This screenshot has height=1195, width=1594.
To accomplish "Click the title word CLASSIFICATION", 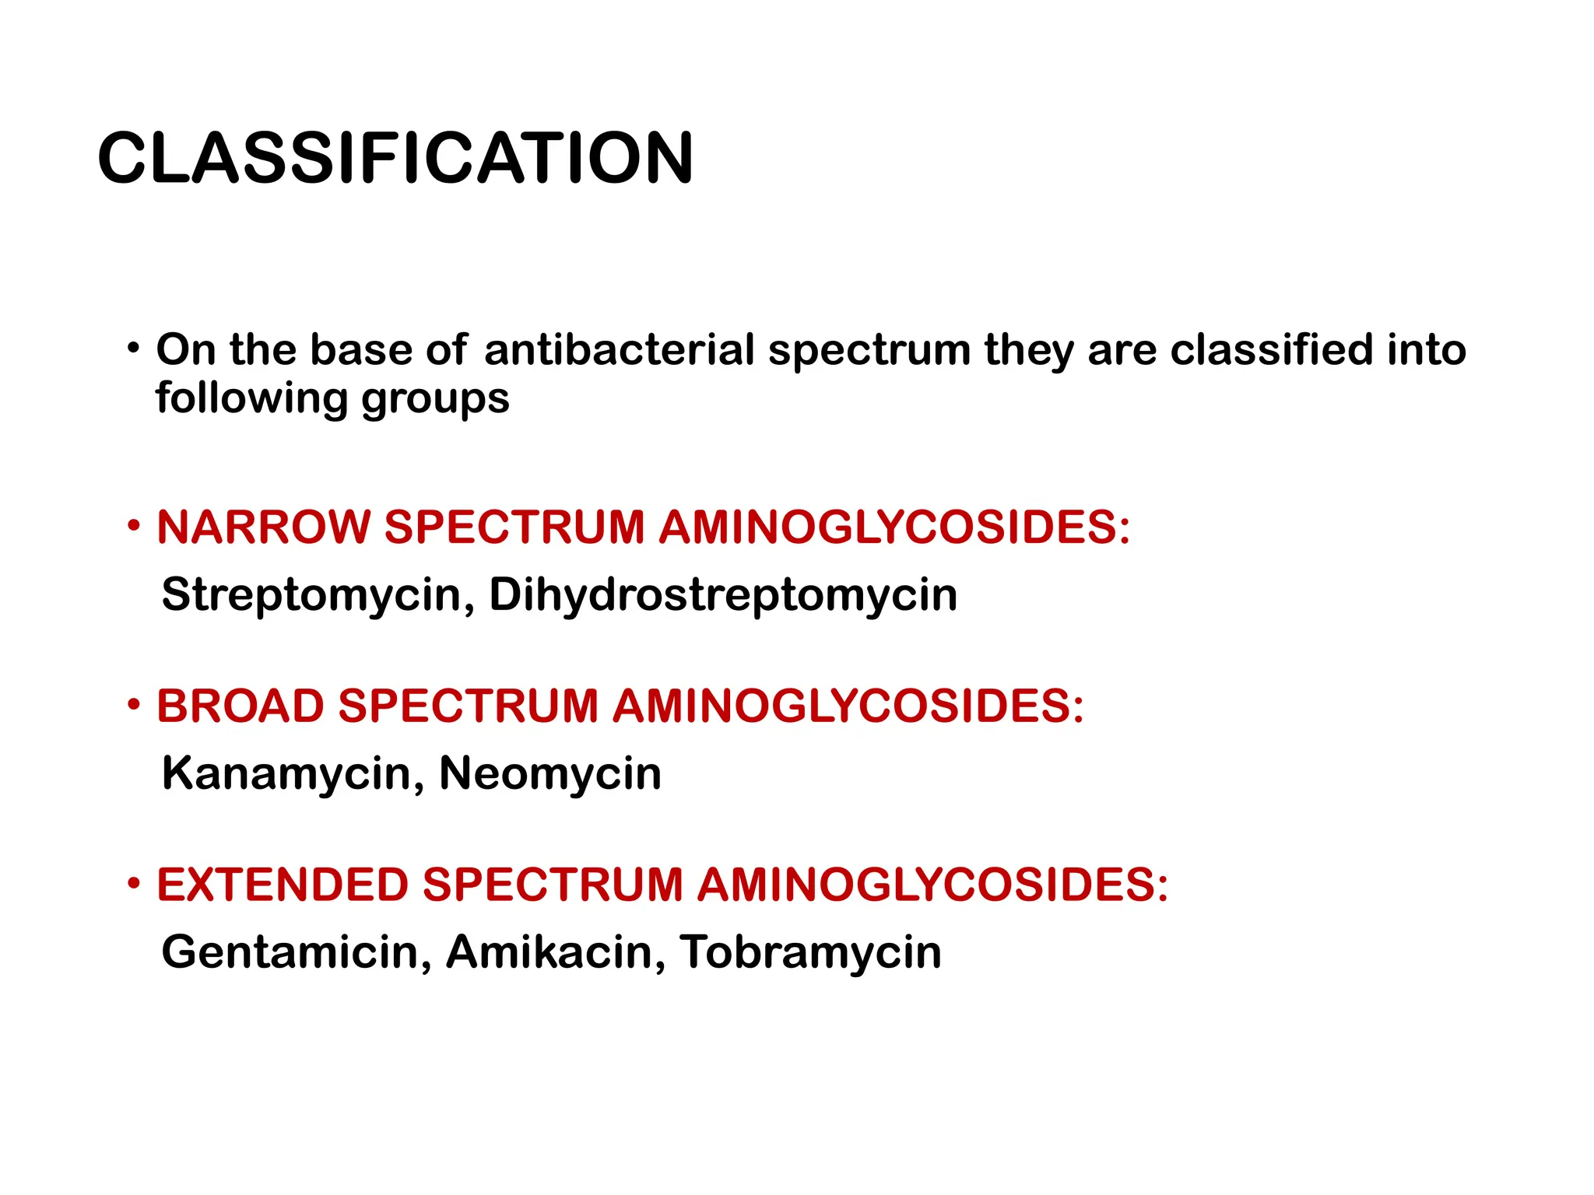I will [x=395, y=158].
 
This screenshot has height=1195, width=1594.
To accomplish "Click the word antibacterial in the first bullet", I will [x=619, y=349].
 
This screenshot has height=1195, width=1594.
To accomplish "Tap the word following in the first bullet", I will [x=251, y=398].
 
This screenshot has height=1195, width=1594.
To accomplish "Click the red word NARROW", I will [x=264, y=527].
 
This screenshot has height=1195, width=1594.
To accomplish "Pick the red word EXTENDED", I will [x=283, y=885].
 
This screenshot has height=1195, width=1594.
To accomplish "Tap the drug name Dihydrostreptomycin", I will [x=723, y=595].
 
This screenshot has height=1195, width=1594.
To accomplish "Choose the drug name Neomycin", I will [x=550, y=773].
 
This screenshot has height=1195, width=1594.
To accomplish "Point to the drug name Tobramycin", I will [x=810, y=951].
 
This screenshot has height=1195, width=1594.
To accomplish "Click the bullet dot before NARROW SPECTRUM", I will [x=135, y=526].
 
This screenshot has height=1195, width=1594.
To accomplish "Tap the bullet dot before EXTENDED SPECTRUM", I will [x=135, y=884].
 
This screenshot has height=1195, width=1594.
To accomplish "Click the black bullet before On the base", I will [x=135, y=347].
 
